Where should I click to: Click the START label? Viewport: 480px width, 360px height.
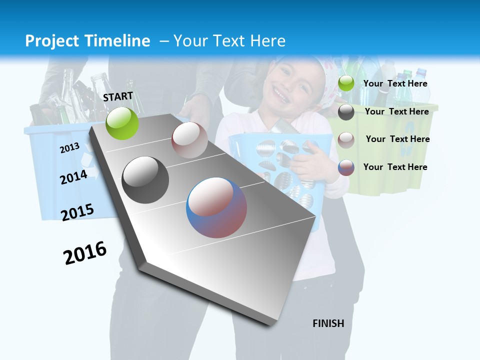click(118, 96)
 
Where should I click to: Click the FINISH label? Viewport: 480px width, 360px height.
click(328, 323)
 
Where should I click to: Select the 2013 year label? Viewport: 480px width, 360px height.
click(69, 148)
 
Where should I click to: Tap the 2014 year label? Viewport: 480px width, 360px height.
click(73, 177)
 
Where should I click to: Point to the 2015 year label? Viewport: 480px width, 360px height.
click(77, 212)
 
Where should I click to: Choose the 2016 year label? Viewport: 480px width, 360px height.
click(85, 253)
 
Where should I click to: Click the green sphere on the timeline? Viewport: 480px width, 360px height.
click(122, 123)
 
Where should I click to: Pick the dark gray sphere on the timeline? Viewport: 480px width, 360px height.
click(145, 180)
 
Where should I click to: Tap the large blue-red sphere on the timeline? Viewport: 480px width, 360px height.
click(216, 207)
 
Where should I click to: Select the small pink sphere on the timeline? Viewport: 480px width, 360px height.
click(189, 140)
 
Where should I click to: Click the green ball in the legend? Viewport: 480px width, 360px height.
click(346, 83)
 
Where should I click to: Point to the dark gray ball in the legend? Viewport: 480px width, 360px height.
click(346, 112)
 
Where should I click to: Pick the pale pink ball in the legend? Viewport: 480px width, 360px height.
click(346, 140)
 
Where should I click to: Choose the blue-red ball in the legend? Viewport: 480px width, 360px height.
click(346, 167)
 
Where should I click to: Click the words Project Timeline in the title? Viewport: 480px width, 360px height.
click(87, 41)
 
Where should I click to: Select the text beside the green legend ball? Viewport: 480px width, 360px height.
click(395, 84)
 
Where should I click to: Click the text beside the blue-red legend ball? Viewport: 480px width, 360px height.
click(395, 167)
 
